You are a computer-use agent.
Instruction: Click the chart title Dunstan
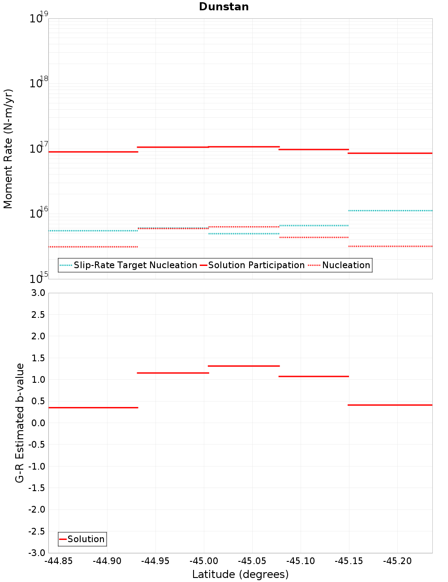224,7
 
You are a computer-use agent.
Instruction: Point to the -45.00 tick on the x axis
204,561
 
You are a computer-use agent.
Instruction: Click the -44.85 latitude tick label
59,561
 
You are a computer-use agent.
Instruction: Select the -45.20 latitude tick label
397,561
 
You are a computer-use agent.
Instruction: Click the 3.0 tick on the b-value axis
38,293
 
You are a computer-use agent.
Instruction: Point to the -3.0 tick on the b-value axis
36,553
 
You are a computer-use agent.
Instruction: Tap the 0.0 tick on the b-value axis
38,423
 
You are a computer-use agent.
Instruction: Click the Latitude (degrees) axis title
240,574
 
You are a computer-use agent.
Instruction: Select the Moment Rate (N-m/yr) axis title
8,149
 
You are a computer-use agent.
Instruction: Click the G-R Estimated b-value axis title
20,423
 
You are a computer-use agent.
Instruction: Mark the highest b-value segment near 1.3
244,366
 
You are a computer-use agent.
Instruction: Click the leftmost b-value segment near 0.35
93,407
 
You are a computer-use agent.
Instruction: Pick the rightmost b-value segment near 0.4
390,405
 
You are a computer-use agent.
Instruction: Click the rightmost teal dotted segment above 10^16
390,210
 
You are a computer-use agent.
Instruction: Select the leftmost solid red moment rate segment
93,152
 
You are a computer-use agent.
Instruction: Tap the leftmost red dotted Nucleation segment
93,247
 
